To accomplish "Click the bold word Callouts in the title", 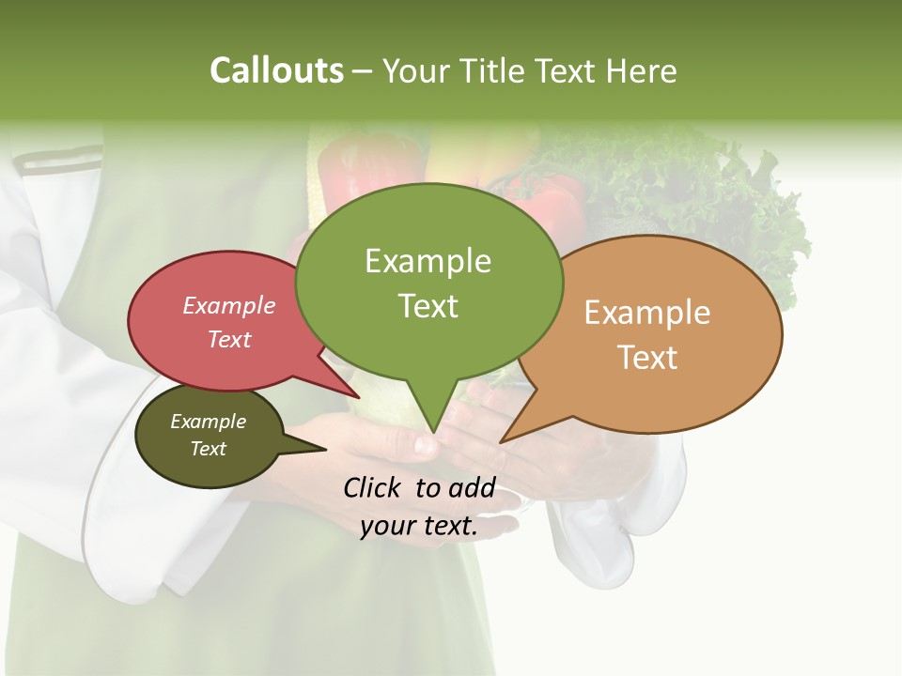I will (x=276, y=70).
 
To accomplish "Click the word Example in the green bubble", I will (x=428, y=261).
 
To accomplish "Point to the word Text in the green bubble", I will (x=428, y=306).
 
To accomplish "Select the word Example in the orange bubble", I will (x=647, y=313).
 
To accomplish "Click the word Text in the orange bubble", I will (x=647, y=358).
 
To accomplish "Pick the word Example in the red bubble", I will (x=228, y=306).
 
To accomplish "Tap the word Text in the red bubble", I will (x=228, y=339).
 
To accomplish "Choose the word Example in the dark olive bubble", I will (x=208, y=422).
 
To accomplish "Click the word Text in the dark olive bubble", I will (x=208, y=449).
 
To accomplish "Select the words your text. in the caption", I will (x=418, y=527).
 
